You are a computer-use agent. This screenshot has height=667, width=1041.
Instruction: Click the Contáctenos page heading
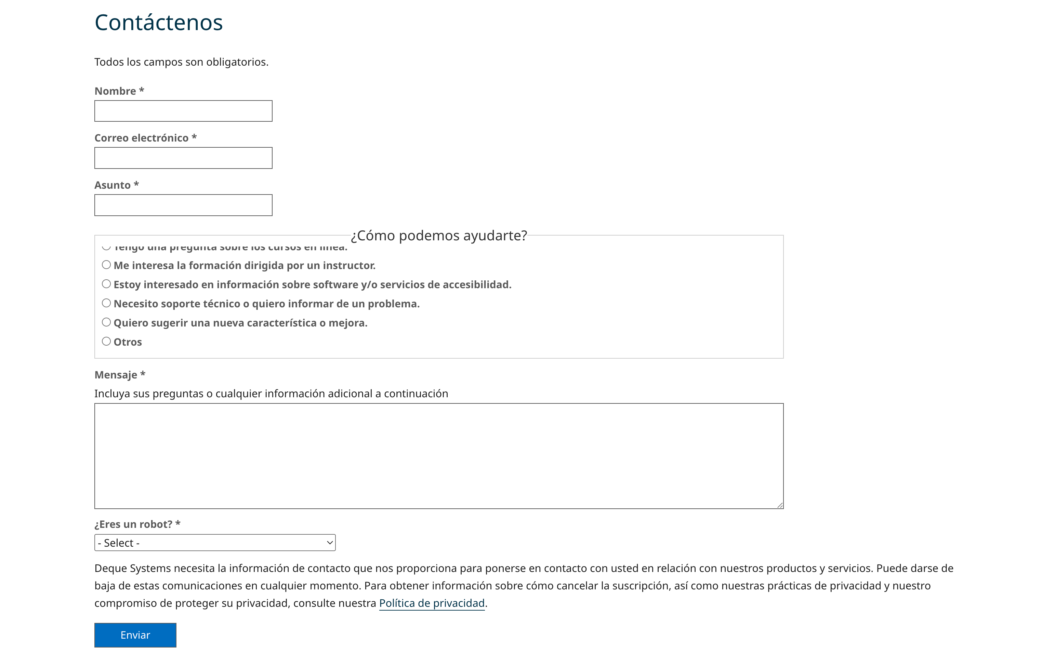tap(159, 23)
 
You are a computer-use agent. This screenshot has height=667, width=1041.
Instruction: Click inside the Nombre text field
tap(183, 111)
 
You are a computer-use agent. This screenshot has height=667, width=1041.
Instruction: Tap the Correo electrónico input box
tap(183, 158)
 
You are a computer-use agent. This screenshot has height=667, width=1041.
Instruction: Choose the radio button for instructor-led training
tap(106, 265)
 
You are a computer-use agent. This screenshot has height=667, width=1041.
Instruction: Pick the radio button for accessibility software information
tap(106, 284)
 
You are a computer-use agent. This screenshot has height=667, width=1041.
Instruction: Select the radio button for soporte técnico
tap(106, 303)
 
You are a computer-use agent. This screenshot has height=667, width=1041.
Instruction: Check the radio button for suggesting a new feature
tap(106, 322)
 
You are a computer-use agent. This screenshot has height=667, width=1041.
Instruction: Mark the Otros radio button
tap(106, 341)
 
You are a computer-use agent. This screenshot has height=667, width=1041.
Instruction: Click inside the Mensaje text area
tap(438, 456)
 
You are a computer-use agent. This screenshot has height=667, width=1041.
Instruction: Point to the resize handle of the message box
tap(780, 505)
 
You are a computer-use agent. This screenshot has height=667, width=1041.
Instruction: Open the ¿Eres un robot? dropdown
tap(215, 543)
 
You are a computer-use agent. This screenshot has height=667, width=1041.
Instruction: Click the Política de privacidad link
tap(432, 603)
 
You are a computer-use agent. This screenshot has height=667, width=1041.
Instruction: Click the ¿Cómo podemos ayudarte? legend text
tap(438, 236)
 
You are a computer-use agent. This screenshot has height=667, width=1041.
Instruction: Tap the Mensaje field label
tap(116, 375)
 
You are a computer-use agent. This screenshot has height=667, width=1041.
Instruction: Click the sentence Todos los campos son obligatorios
tap(181, 62)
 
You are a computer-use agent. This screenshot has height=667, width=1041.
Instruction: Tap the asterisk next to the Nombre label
tap(142, 90)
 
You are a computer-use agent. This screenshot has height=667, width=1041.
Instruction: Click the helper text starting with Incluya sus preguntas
tap(271, 394)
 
